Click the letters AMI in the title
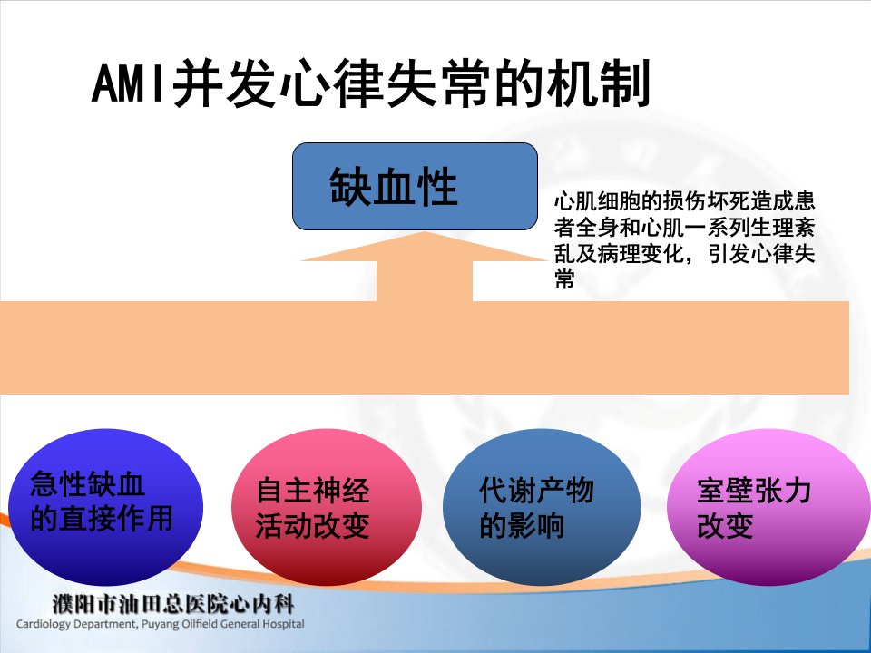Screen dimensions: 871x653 coord(129,83)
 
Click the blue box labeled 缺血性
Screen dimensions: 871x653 coord(415,187)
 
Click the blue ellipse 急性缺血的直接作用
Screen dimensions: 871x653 coord(105,506)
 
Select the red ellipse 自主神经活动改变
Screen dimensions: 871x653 coord(327,506)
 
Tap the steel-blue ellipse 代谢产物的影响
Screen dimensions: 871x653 coord(542,506)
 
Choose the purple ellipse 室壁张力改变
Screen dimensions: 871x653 coord(768,506)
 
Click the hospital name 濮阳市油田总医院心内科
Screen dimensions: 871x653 coord(172,604)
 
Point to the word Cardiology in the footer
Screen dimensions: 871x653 coord(44,624)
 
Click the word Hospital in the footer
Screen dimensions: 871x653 coord(283,624)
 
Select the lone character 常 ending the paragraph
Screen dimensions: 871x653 coord(564,278)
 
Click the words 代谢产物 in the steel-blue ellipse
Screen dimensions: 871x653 coord(536,491)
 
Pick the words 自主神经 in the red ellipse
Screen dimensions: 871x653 coord(313,491)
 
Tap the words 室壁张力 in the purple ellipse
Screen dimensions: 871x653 coord(754,491)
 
